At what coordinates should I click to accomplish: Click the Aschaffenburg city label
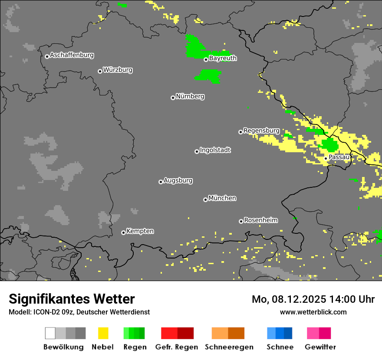[x=72, y=56]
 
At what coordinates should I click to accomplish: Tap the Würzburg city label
[x=118, y=70]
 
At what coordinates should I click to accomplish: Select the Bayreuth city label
[x=223, y=58]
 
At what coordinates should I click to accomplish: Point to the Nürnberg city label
[x=190, y=96]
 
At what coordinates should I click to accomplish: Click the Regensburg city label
[x=261, y=131]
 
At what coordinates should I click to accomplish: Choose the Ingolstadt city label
[x=215, y=150]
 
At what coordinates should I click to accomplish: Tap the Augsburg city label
[x=178, y=180]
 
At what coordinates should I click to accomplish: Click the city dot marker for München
[x=205, y=200]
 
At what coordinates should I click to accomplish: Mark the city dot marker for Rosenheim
[x=241, y=221]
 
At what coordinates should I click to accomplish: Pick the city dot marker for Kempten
[x=123, y=232]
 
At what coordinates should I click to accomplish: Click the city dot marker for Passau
[x=326, y=158]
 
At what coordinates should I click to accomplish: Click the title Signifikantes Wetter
[x=72, y=299]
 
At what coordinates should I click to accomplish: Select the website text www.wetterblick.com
[x=313, y=312]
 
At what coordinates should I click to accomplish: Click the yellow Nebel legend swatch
[x=103, y=333]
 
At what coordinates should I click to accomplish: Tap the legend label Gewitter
[x=320, y=347]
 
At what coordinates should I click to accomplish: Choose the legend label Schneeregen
[x=229, y=347]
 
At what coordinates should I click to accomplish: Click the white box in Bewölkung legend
[x=50, y=333]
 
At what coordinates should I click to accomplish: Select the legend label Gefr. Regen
[x=176, y=347]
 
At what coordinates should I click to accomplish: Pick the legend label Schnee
[x=280, y=347]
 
